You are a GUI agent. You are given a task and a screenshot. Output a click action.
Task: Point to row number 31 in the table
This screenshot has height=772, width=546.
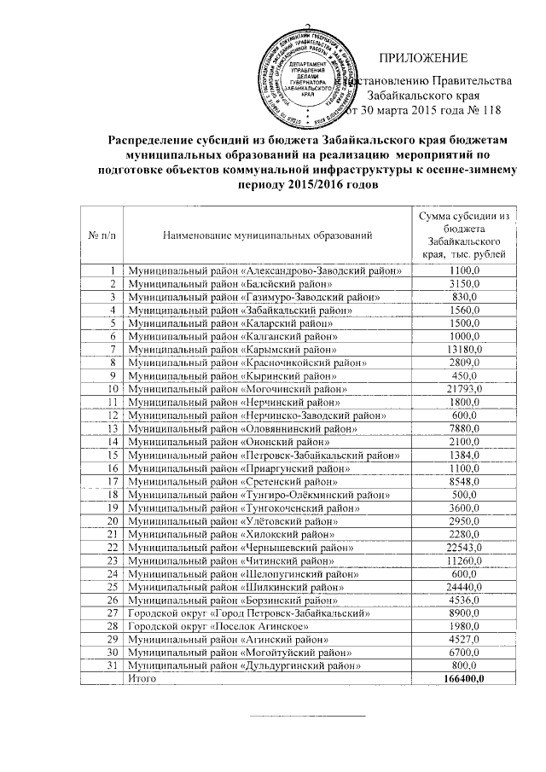pos(110,664)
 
